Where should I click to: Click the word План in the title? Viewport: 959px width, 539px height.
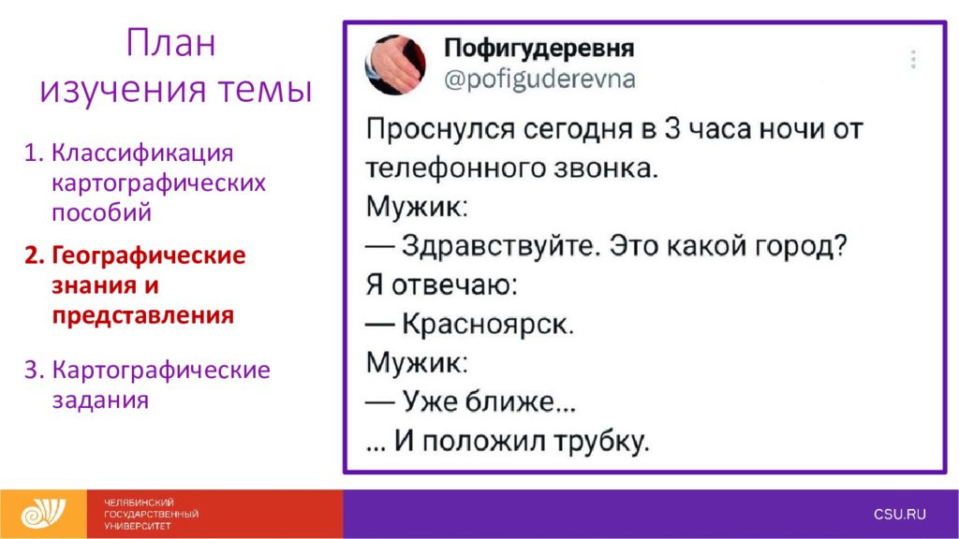click(x=170, y=43)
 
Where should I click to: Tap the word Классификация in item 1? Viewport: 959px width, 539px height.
click(x=142, y=153)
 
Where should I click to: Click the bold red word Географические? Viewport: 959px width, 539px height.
click(x=149, y=255)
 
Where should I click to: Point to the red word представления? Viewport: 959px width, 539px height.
click(x=143, y=315)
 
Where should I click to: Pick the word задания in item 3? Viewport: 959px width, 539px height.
click(x=100, y=401)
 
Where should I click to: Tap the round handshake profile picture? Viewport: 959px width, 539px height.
click(x=395, y=65)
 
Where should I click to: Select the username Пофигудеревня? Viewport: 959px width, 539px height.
click(x=539, y=48)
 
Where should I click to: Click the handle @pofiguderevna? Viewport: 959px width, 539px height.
click(x=539, y=80)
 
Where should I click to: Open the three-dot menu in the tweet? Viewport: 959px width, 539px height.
click(x=913, y=59)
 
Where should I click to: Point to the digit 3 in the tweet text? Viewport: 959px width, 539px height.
click(x=672, y=129)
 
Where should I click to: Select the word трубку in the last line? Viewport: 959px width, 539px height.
click(x=600, y=442)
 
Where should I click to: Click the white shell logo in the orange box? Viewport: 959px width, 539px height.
click(x=43, y=514)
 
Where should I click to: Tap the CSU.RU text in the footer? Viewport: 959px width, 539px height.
click(x=900, y=514)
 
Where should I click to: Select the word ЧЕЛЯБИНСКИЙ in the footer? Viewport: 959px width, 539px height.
click(x=139, y=503)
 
